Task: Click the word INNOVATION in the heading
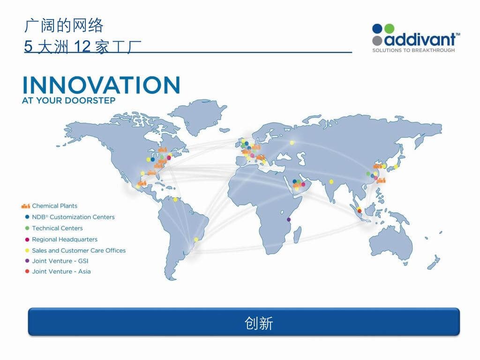click(x=101, y=85)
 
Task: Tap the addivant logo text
click(x=420, y=39)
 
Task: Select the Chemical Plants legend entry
click(x=49, y=206)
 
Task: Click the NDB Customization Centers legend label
click(x=73, y=217)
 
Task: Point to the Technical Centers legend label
click(x=57, y=228)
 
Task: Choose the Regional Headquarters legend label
click(x=65, y=240)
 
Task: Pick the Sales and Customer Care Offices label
click(x=79, y=250)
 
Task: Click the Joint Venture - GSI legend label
click(x=60, y=261)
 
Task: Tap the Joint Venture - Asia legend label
click(x=61, y=271)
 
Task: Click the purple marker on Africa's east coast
click(x=288, y=219)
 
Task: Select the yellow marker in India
click(x=331, y=182)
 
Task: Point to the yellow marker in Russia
click(x=292, y=142)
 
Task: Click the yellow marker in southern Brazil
click(x=196, y=240)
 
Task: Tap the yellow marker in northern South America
click(x=175, y=200)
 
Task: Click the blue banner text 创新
click(x=259, y=323)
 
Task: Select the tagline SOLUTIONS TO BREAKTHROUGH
click(x=413, y=50)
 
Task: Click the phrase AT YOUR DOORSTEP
click(x=68, y=100)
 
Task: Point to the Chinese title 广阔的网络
click(x=64, y=25)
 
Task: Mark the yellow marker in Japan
click(x=396, y=167)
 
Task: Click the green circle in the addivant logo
click(x=389, y=29)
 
